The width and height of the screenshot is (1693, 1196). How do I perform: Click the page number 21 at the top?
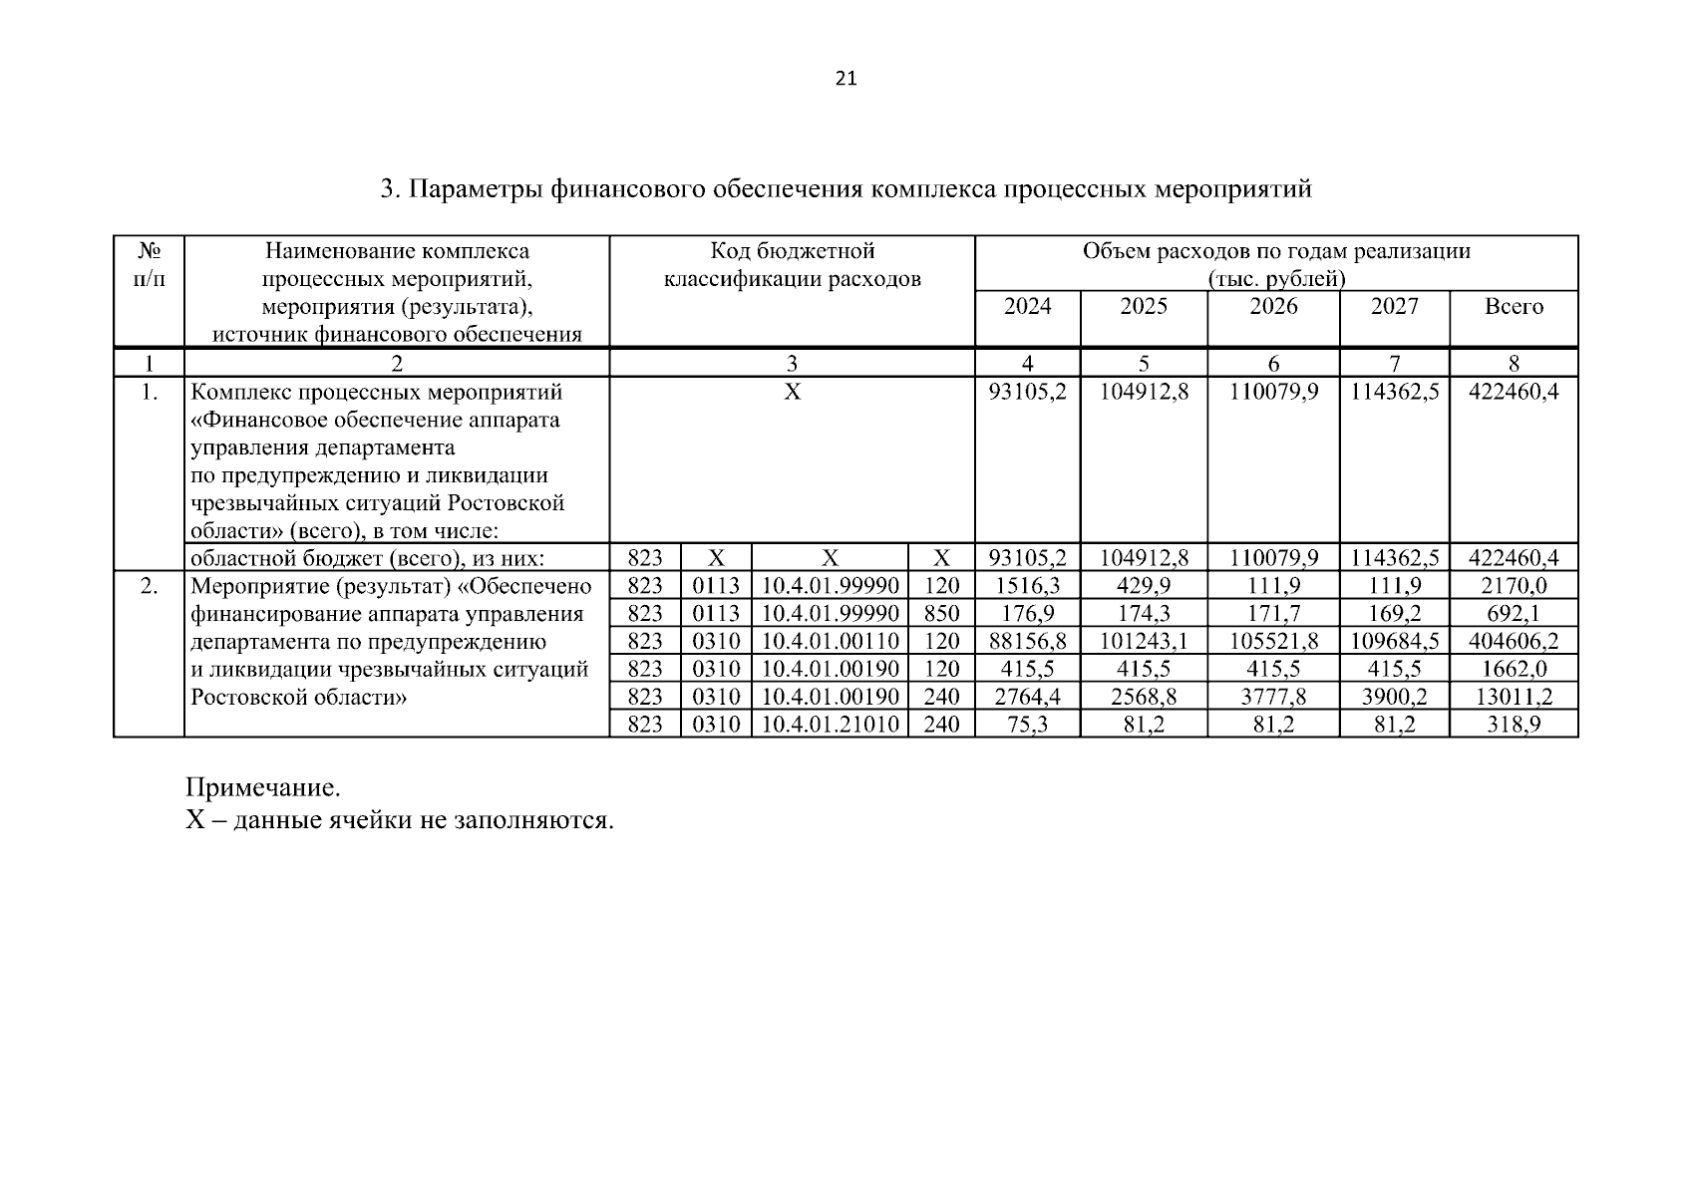click(846, 79)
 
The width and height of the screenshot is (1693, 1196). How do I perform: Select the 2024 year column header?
click(1027, 306)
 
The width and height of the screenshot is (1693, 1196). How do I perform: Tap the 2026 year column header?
click(1273, 306)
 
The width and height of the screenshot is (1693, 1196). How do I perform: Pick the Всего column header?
click(1514, 306)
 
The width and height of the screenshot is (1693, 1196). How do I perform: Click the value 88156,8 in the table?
click(1027, 641)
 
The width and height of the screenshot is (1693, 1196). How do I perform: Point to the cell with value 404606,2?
click(1514, 641)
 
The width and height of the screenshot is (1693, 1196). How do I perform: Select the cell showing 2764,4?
click(1027, 697)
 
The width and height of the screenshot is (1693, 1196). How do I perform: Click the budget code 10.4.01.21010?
click(830, 725)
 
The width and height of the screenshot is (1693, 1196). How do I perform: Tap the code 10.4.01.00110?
click(830, 641)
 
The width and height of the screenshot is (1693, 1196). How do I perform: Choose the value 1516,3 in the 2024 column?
click(1027, 585)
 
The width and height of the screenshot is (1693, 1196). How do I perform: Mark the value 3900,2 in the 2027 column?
click(1394, 697)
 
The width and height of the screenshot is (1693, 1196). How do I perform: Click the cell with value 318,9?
click(1514, 725)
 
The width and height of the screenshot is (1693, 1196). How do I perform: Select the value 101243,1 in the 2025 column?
click(1144, 641)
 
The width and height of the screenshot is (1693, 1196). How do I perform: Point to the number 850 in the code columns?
click(941, 613)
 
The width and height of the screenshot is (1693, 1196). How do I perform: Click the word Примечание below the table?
click(263, 788)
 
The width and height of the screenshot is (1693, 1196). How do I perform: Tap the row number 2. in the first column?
click(149, 585)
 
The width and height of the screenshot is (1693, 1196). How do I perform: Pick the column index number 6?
click(1273, 364)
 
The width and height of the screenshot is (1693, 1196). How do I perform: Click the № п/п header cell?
click(149, 263)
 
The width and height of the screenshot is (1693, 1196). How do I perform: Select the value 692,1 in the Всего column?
click(1514, 613)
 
